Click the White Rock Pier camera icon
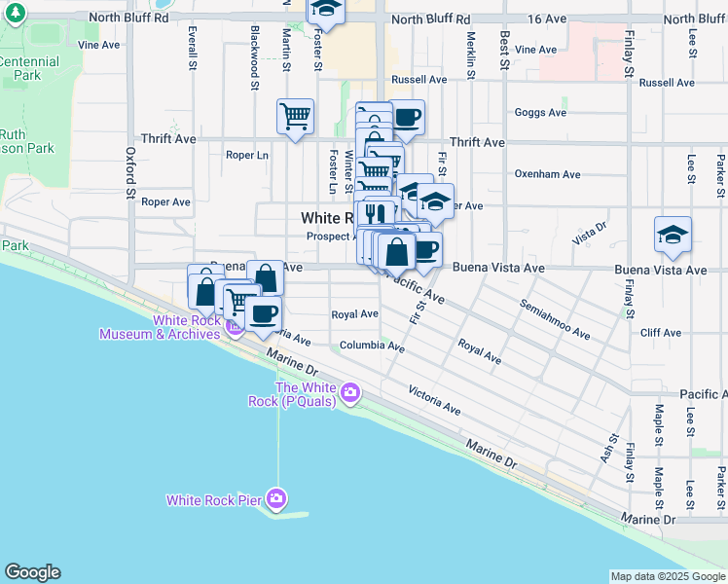point(277,500)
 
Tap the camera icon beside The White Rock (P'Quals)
point(349,394)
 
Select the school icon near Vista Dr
point(673,235)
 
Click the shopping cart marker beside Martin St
point(295,117)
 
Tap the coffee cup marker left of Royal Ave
point(263,312)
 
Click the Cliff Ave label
point(661,333)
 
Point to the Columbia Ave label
point(372,347)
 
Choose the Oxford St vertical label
point(129,172)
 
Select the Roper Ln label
point(246,155)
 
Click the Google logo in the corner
point(32,572)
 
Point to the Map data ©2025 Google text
point(667,576)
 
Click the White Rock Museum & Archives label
point(161,327)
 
